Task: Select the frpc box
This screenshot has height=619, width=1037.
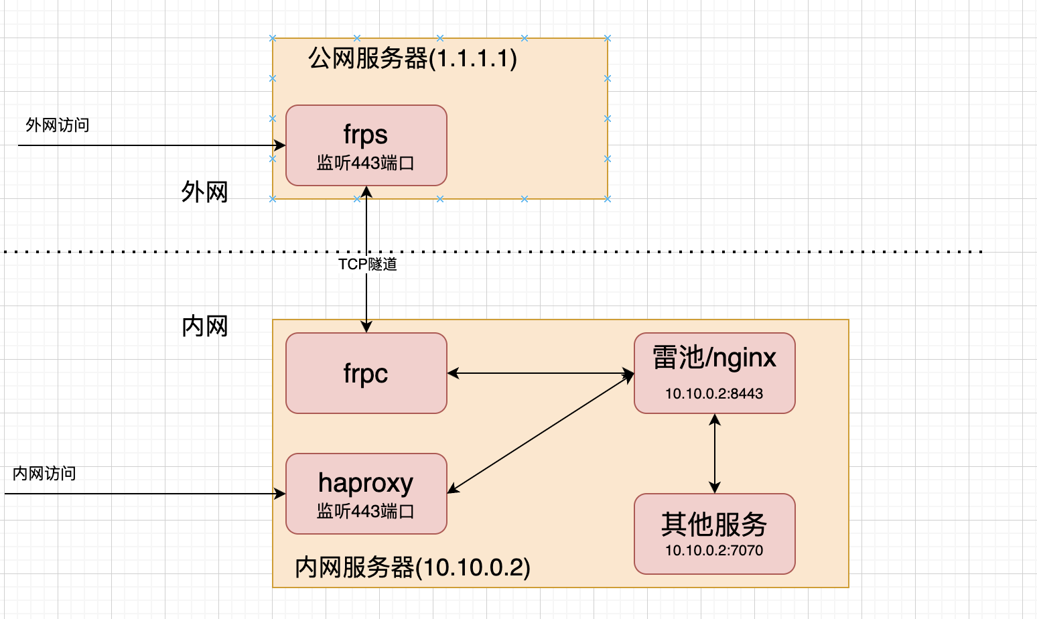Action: coord(366,373)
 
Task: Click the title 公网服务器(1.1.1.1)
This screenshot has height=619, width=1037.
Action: coord(412,58)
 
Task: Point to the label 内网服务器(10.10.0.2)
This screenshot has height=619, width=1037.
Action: coord(412,567)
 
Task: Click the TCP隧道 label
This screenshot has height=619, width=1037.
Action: coord(367,265)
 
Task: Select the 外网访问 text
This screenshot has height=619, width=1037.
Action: coord(57,125)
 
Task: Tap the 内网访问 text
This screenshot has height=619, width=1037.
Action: coord(44,474)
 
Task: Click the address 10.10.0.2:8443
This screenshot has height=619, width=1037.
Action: coord(714,394)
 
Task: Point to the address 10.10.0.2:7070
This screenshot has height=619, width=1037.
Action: coord(714,551)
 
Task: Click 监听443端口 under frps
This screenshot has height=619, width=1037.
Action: coord(366,163)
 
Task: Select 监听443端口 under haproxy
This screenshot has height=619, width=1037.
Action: coord(366,511)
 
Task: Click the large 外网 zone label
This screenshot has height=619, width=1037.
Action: coord(204,192)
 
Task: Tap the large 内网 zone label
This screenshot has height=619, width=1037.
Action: coord(204,326)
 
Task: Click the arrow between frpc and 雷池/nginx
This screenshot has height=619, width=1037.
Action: coord(540,373)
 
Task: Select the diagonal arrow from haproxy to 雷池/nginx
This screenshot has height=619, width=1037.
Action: coord(540,433)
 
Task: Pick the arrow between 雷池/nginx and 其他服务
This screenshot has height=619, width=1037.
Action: coord(715,454)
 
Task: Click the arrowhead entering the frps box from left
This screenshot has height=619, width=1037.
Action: coord(280,145)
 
